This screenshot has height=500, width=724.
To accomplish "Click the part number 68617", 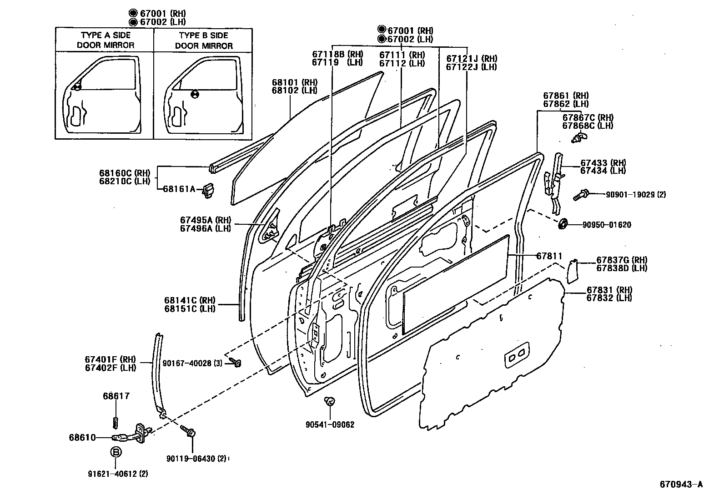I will click(116, 396).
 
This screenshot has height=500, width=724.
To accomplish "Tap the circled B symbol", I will click(116, 452).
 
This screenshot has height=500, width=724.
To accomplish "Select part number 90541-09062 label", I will click(330, 424).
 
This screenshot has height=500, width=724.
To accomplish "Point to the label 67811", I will click(549, 256).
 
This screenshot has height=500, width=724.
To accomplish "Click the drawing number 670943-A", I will click(681, 484).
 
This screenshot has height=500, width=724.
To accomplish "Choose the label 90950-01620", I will click(607, 225).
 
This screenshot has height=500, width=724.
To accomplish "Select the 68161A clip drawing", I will click(209, 190).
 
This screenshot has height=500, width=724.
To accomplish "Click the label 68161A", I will click(179, 189).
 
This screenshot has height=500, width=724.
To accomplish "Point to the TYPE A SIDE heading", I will click(106, 35).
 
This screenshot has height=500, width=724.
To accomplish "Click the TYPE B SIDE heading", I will click(203, 35).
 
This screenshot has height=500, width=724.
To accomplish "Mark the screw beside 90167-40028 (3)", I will click(236, 362).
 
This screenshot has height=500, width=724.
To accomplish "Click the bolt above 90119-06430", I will click(188, 430).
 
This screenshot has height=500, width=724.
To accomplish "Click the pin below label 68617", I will click(116, 421).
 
